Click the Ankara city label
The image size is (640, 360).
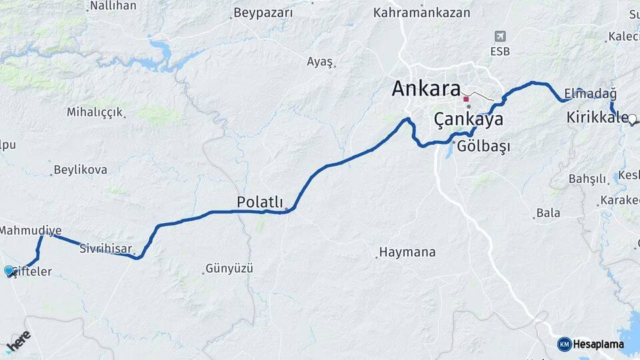(426, 89)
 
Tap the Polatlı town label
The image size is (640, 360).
(259, 201)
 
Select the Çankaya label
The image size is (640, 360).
(468, 120)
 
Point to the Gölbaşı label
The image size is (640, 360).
(483, 147)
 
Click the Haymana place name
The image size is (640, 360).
(407, 253)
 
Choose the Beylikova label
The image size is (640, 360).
(81, 170)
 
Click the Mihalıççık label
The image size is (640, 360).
(95, 112)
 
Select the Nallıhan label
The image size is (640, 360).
(113, 6)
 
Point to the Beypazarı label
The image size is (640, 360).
(263, 13)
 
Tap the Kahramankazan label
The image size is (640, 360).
(421, 13)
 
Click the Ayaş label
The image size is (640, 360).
(319, 61)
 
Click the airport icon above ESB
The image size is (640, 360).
(500, 36)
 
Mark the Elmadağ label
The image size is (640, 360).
(590, 93)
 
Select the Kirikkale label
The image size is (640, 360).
(597, 118)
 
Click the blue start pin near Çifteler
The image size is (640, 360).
(9, 271)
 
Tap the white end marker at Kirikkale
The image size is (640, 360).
(632, 119)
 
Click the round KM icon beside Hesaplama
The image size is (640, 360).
(564, 344)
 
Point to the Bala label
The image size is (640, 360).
(548, 213)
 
